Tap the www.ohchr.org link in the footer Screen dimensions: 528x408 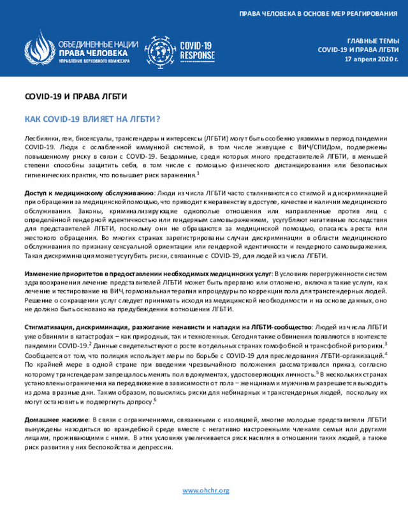click(205, 490)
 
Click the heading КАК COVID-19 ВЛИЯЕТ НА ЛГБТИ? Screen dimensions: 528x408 click(92, 119)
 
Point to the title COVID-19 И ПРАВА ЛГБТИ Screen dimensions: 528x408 click(76, 96)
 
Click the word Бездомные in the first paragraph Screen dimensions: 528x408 click(179, 156)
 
